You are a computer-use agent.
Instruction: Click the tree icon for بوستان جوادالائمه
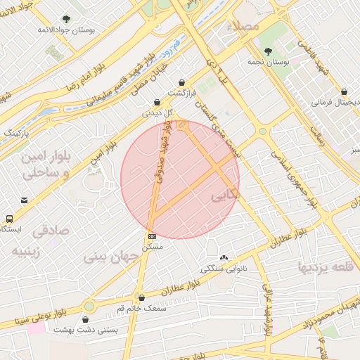coord(66,19)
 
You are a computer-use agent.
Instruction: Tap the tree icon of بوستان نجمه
coord(268,51)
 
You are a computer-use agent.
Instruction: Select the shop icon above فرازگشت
coord(183,82)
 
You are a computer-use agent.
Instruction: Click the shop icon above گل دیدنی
coord(157,101)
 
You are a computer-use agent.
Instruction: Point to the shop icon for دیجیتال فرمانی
coord(344,91)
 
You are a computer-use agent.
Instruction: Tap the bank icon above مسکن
coord(152,236)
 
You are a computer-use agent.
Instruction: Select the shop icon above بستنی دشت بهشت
coord(86,319)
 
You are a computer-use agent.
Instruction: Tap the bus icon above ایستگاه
coord(9,219)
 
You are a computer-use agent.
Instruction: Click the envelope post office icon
coord(25,200)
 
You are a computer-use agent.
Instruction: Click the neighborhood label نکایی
coord(225,196)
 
